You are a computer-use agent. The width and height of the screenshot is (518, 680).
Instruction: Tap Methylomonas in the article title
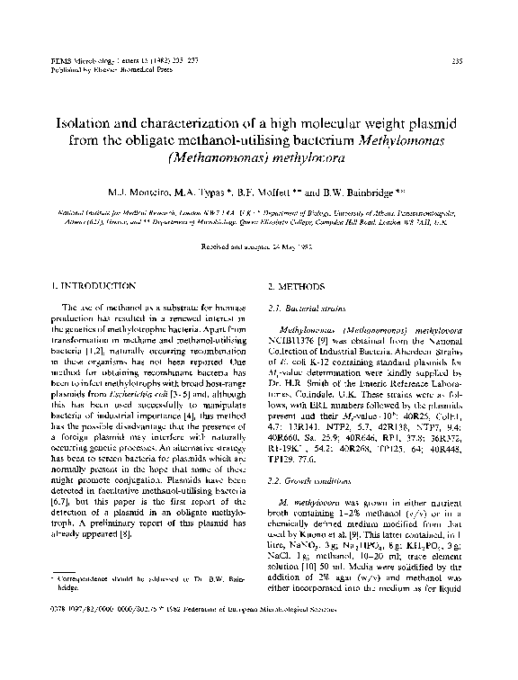pyautogui.click(x=417, y=140)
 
